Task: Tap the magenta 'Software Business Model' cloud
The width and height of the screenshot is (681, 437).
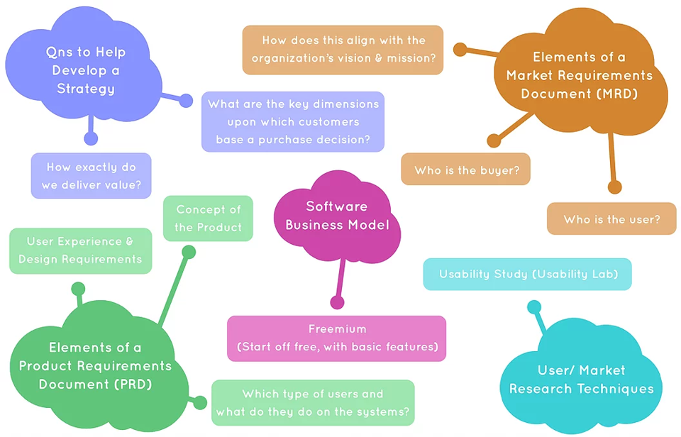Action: pos(337,216)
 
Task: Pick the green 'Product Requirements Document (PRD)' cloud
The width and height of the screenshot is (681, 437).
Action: pos(95,366)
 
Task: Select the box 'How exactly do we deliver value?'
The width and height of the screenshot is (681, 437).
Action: pos(91,176)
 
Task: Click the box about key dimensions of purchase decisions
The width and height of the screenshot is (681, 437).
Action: pos(293,121)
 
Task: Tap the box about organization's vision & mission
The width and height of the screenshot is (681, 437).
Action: pos(343,50)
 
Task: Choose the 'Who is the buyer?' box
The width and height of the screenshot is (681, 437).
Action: pos(465,170)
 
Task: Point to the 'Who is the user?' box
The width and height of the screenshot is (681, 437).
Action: pos(611,218)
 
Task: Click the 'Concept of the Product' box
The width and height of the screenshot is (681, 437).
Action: pos(208,218)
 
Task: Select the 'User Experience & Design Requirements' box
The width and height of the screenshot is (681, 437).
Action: pos(80,250)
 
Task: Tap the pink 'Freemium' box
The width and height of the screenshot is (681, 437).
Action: pos(337,338)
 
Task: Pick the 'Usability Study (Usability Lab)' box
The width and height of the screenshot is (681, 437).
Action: pos(527,274)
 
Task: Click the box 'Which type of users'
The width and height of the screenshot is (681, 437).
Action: pos(313,403)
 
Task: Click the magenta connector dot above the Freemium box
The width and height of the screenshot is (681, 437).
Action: pos(337,303)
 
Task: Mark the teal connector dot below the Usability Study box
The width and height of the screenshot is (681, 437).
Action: pos(534,306)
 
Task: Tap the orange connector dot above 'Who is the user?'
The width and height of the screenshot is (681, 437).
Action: pos(614,187)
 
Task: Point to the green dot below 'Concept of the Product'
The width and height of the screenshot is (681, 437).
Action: pos(189,251)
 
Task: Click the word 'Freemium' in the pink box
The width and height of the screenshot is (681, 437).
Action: pos(337,329)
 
